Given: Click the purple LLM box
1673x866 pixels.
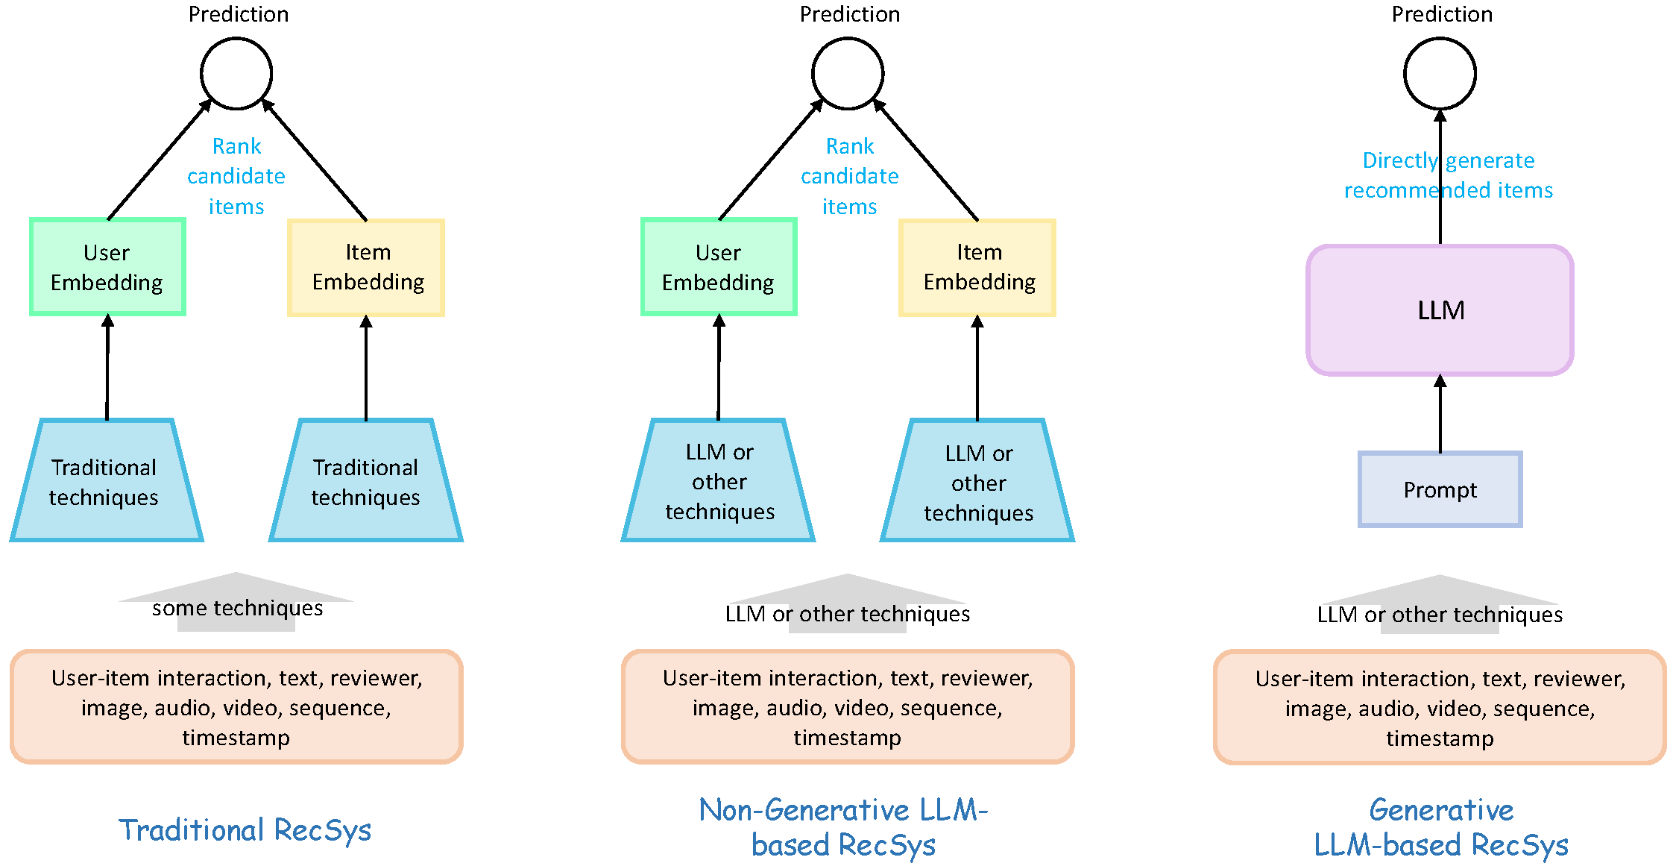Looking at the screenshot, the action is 1440,310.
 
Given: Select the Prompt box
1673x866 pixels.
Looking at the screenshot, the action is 1440,489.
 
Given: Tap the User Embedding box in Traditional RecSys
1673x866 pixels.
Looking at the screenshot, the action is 107,267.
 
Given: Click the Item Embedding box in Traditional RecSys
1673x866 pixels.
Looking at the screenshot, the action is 366,267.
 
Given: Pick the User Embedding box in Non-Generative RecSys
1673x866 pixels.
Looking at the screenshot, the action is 719,267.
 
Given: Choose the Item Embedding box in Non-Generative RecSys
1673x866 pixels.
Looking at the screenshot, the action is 977,267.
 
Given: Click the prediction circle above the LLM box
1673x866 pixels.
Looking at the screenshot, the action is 1440,74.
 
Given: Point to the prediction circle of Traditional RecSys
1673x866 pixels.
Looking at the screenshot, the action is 236,74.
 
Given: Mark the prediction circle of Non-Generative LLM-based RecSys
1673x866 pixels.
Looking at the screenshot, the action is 848,74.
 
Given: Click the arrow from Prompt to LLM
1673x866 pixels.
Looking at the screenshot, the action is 1440,414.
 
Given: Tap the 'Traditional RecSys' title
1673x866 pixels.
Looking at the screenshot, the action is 245,829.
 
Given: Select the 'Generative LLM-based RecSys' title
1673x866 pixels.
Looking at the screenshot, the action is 1441,827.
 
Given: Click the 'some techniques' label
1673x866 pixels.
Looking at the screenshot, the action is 237,608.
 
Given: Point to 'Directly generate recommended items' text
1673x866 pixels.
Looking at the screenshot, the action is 1449,175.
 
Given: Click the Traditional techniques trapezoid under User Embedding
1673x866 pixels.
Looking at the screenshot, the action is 107,480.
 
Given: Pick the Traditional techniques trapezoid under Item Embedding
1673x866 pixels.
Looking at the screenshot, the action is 366,480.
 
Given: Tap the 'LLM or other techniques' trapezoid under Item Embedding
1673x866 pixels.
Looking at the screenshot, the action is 977,480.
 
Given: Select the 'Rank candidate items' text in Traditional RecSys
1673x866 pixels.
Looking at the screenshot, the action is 236,176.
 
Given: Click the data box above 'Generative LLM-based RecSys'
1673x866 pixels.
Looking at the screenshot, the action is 1440,707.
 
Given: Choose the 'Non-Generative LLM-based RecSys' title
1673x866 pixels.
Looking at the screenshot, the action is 843,827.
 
